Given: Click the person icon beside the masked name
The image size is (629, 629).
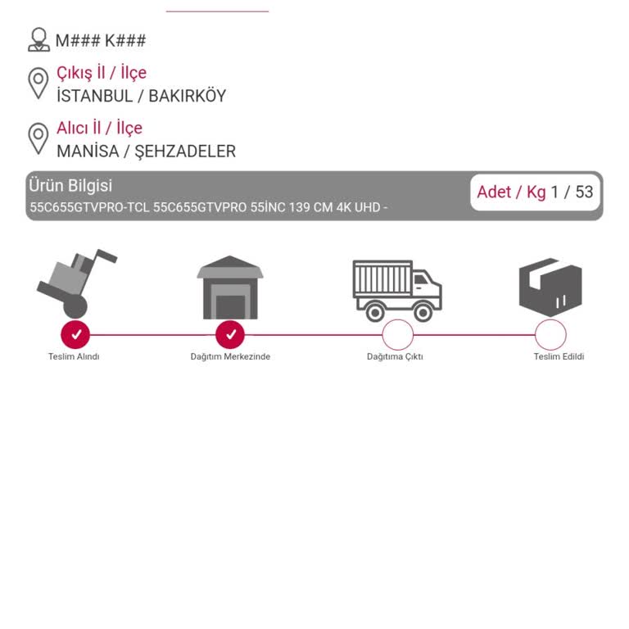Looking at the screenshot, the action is click(39, 39).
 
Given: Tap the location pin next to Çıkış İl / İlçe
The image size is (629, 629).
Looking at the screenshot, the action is click(38, 84).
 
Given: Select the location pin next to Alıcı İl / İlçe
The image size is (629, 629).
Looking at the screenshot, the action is click(38, 138).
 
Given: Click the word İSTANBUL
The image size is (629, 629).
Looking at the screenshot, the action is click(95, 96).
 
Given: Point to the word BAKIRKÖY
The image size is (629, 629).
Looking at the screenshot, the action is click(188, 96).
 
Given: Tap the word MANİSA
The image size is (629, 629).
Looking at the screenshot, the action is click(88, 152).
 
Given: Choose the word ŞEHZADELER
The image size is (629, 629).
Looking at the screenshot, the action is click(185, 152).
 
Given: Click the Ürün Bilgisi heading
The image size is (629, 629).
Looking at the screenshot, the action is click(70, 186).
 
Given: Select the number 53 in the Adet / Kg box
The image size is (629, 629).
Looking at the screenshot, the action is click(584, 192).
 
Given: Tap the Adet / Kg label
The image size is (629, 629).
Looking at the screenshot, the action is click(511, 192).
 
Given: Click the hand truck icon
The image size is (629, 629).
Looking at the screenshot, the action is click(77, 283).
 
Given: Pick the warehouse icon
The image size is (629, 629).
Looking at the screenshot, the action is click(230, 287).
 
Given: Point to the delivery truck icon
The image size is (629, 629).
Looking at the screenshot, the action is click(397, 291).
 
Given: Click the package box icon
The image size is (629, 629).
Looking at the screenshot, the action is click(550, 288).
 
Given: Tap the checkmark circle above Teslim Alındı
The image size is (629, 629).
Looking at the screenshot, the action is click(75, 334).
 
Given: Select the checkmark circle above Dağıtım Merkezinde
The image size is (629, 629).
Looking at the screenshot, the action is click(230, 334).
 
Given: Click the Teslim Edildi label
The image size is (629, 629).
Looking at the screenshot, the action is click(559, 356).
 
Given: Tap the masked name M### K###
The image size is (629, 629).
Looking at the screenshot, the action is click(100, 40).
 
